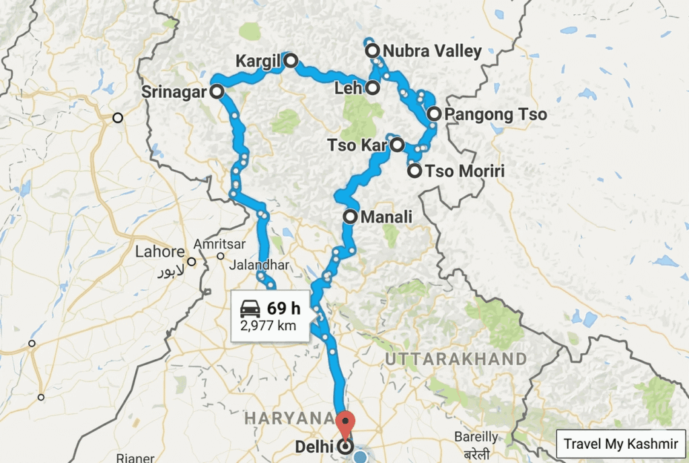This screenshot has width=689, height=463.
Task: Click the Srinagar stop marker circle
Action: tap(217, 92)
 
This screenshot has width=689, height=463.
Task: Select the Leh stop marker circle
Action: tap(372, 88)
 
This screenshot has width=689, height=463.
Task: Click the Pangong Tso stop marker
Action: tap(434, 114)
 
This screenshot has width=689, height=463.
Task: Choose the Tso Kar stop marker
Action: tap(397, 144)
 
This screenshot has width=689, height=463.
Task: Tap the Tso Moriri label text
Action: tap(465, 171)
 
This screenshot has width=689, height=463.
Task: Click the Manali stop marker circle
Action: tap(351, 217)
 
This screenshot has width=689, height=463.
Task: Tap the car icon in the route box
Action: tap(250, 309)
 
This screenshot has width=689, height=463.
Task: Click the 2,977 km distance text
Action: tap(268, 326)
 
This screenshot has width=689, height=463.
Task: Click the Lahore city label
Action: tap(159, 253)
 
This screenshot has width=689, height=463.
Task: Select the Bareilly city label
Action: tap(476, 437)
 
